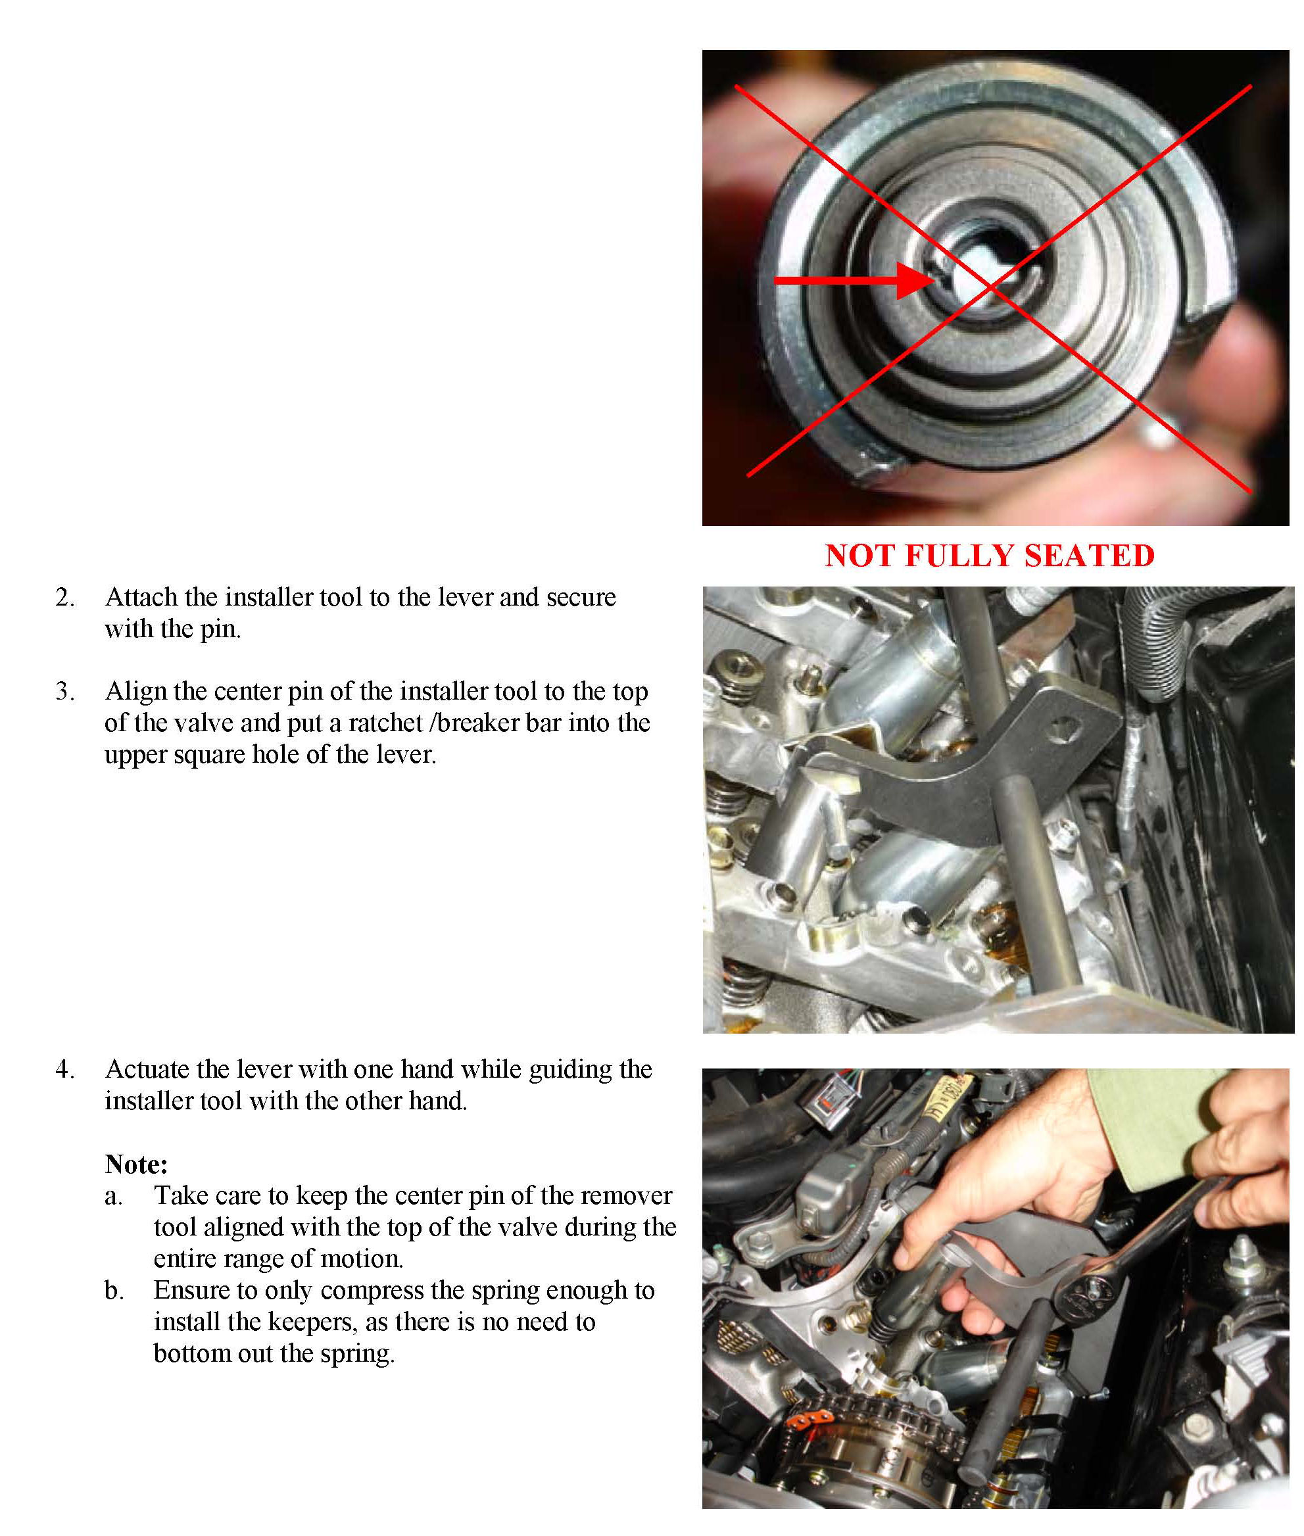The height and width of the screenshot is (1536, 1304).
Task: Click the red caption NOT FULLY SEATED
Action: [989, 556]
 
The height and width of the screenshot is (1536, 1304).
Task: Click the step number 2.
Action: [65, 597]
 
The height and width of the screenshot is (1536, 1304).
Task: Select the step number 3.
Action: [65, 691]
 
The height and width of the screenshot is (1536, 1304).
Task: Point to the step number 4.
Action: [65, 1070]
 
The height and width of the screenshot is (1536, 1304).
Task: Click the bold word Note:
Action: [137, 1164]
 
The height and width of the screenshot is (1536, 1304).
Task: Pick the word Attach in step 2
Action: [142, 597]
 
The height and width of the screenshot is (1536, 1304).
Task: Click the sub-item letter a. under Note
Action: [114, 1196]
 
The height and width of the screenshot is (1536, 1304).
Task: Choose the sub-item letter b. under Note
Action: [114, 1290]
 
